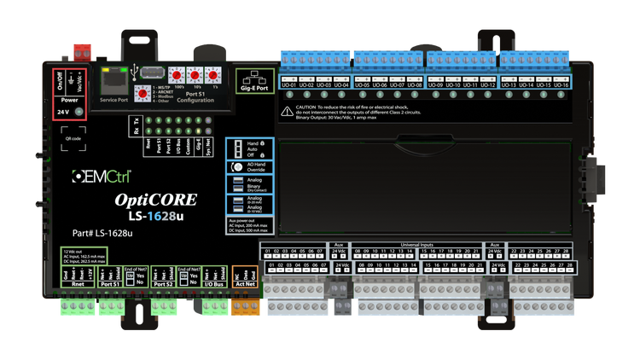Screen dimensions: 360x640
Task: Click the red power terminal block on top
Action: [82, 47]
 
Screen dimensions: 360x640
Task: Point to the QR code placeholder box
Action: [73, 137]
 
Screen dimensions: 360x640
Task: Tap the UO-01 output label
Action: [290, 85]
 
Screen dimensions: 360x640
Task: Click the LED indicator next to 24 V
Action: [79, 112]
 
